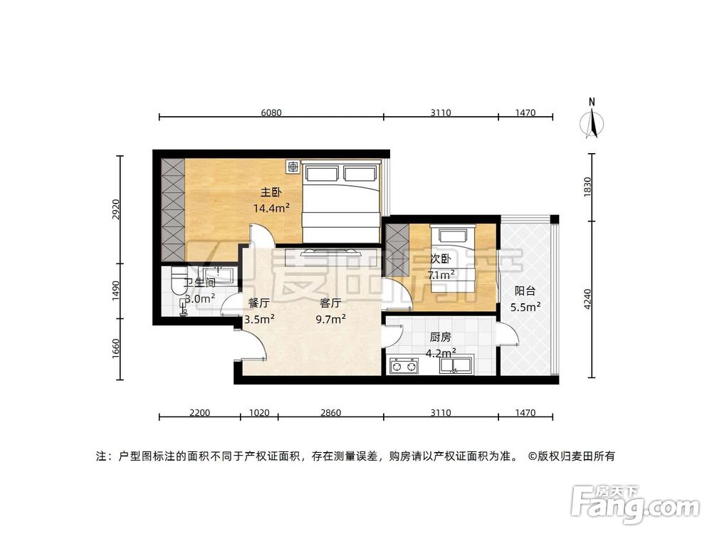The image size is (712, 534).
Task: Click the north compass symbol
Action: (x=592, y=119)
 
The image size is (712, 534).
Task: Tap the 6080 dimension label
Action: (x=271, y=112)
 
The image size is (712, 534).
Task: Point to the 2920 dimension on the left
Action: (x=115, y=209)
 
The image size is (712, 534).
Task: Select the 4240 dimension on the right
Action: (x=587, y=299)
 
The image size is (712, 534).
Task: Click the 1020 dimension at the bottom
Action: (x=259, y=413)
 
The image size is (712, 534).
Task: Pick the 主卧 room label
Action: (x=271, y=192)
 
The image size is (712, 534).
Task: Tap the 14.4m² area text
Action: (x=271, y=209)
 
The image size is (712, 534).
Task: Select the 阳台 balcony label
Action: (x=525, y=291)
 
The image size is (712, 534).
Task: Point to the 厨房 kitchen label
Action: (x=440, y=337)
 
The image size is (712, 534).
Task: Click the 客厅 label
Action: (x=330, y=303)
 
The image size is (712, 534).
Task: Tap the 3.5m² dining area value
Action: (x=259, y=319)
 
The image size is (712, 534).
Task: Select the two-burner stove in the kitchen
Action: (x=404, y=365)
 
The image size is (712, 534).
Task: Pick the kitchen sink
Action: (x=456, y=365)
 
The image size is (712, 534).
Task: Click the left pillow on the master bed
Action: (x=322, y=173)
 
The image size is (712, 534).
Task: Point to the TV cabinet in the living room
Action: (x=323, y=258)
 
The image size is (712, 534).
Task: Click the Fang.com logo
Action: (x=635, y=505)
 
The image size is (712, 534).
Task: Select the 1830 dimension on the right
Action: (x=587, y=187)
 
